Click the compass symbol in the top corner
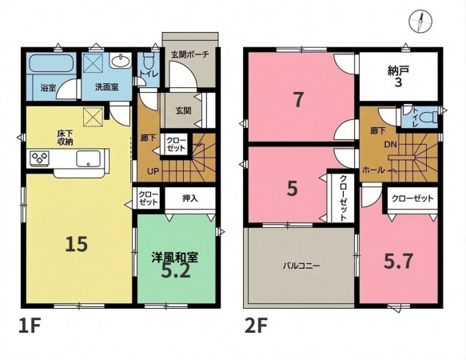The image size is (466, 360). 420,21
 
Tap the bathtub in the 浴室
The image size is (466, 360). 51,62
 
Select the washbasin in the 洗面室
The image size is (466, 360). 121,62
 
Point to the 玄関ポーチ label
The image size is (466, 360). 190,54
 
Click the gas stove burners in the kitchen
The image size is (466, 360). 39,158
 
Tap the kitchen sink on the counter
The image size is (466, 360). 88,158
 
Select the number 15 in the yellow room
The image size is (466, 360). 77,244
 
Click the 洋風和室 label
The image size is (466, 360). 175,258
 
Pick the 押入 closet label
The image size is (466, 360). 190,198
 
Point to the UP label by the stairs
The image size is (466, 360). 153,171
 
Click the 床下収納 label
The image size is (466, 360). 65,138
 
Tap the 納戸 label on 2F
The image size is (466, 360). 399,70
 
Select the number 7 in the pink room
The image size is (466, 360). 298,100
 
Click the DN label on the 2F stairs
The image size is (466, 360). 391,145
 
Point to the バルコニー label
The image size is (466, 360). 301,266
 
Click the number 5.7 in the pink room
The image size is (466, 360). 398,262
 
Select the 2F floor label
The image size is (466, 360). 256,326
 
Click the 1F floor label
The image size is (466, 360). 29,326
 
